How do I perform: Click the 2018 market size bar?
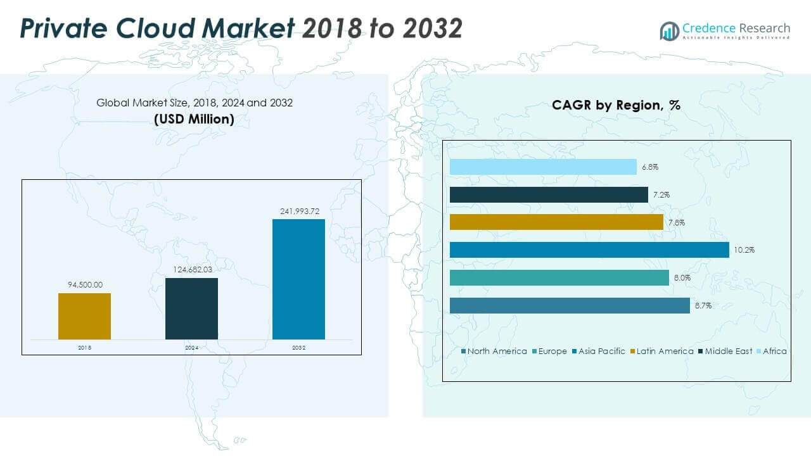(84, 316)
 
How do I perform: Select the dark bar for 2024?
(191, 308)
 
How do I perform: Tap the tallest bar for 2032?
(298, 279)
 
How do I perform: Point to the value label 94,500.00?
(84, 285)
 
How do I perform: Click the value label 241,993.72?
(298, 211)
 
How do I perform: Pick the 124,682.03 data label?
(191, 270)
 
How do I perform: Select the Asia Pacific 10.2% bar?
(589, 250)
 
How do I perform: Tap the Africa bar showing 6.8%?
(543, 167)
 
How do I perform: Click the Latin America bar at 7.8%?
(556, 222)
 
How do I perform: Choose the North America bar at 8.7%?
(570, 305)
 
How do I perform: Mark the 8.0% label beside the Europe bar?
(682, 278)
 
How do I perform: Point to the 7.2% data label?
(661, 195)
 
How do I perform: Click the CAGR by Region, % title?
(616, 105)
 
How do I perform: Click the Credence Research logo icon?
(669, 30)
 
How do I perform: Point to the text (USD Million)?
(194, 118)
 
